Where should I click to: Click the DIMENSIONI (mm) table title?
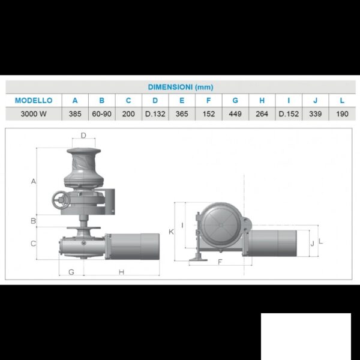(x=181, y=87)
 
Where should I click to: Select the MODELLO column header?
(x=34, y=100)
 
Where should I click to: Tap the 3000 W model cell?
(x=34, y=114)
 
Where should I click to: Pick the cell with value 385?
(x=75, y=114)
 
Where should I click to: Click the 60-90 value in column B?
(x=102, y=114)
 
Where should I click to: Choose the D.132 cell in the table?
(x=155, y=114)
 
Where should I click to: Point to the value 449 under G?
(x=235, y=114)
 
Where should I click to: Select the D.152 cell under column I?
(x=289, y=114)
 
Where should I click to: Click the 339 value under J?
(x=315, y=114)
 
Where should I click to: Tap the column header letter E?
(x=182, y=100)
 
